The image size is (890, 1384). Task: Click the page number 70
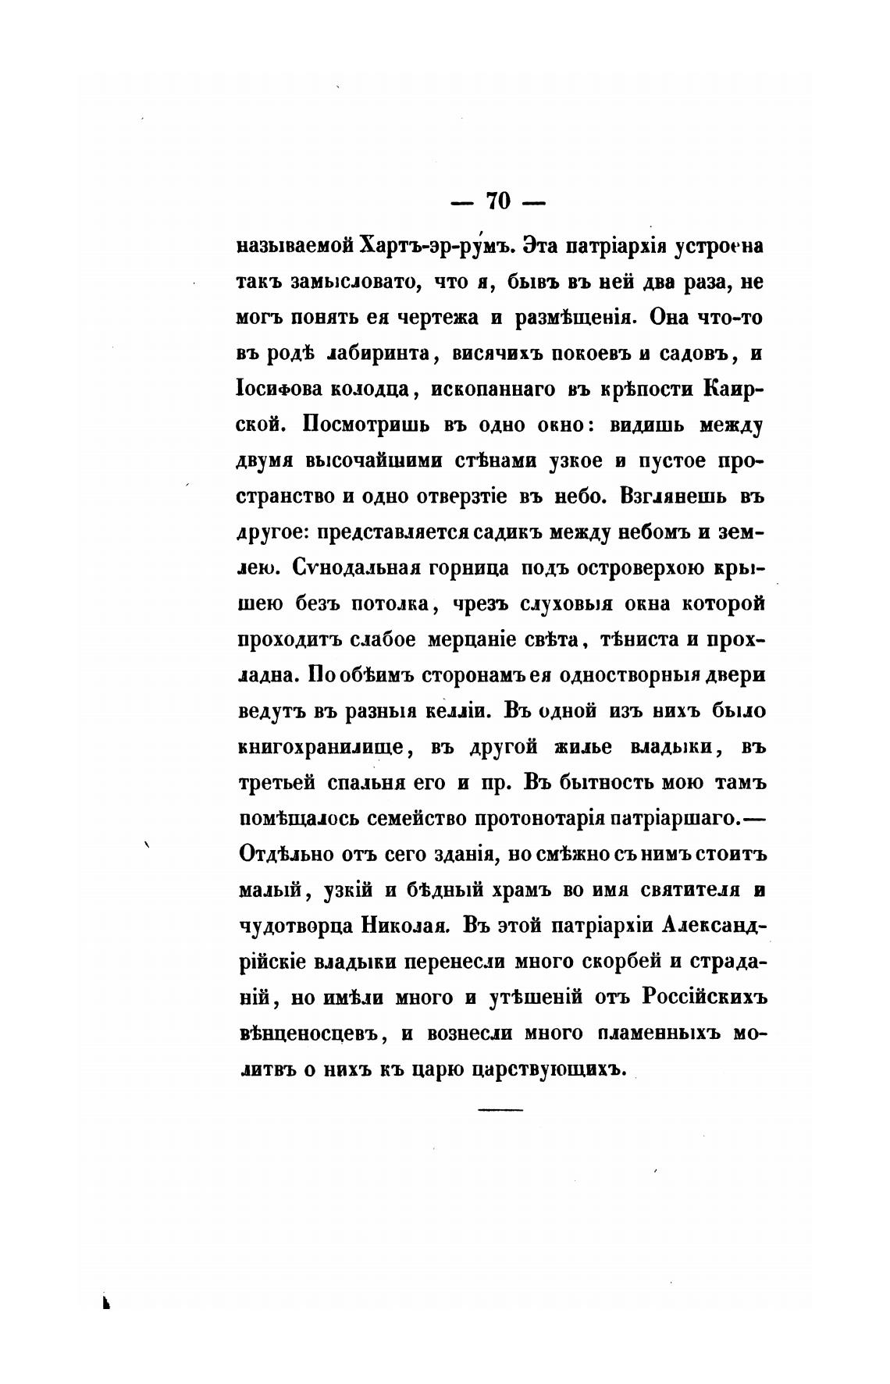[x=498, y=201]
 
